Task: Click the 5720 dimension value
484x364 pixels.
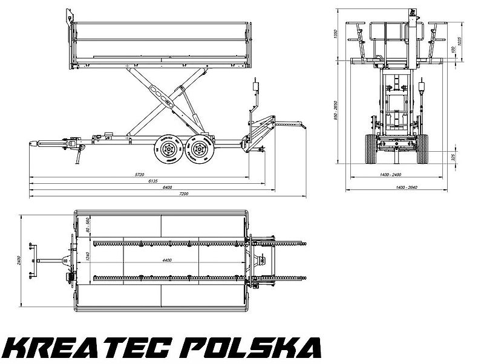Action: tap(140, 175)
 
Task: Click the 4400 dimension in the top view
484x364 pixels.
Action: tap(167, 260)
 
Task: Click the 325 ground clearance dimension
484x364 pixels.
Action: tap(453, 157)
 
